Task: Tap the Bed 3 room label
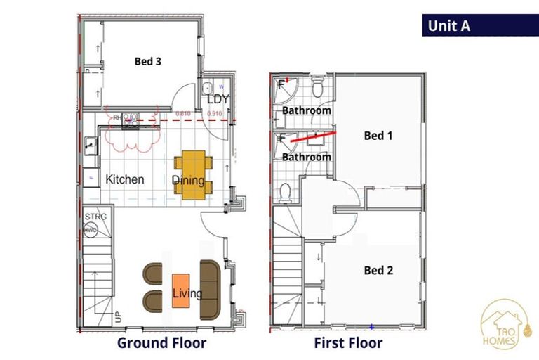[x=148, y=62]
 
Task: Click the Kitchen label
[x=125, y=179]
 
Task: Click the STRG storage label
[x=95, y=217]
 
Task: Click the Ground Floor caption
[x=161, y=343]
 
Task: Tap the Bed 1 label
[x=378, y=136]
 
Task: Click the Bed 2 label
[x=378, y=270]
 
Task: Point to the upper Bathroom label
[x=307, y=111]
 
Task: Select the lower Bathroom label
[x=307, y=157]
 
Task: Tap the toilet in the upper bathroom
[x=317, y=88]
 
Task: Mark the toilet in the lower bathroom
[x=286, y=191]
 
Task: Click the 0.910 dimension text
[x=215, y=113]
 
